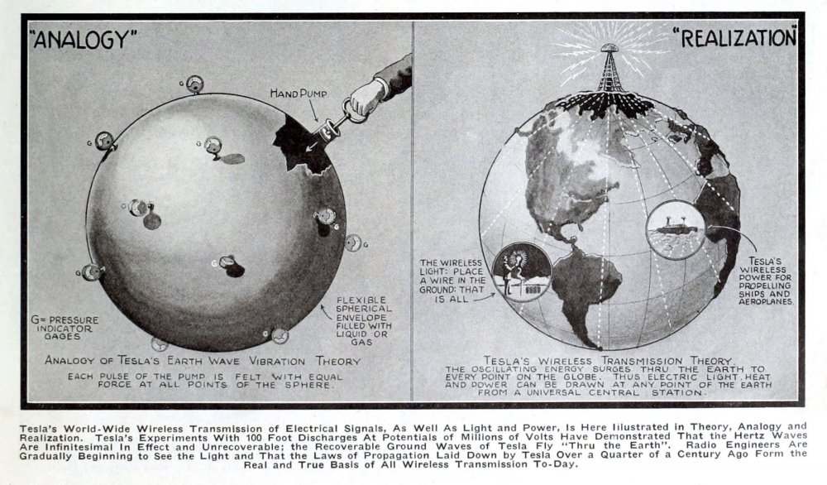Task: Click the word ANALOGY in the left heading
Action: tap(84, 39)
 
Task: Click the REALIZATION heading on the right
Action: tap(734, 38)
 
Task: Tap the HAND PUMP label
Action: tap(299, 94)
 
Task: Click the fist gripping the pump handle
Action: tap(367, 95)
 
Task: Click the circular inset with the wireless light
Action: tap(522, 271)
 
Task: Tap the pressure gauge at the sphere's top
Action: tap(194, 84)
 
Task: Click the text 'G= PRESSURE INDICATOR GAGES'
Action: tap(65, 328)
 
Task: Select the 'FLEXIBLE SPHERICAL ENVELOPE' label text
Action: tap(364, 321)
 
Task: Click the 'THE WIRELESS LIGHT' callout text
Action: tap(452, 281)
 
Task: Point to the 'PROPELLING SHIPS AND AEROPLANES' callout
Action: tap(765, 281)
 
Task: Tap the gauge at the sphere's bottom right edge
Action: tap(279, 336)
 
